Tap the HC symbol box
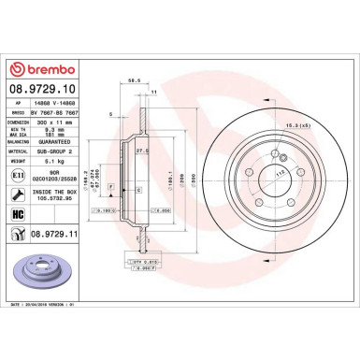tap(19, 217)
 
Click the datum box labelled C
tap(139, 190)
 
